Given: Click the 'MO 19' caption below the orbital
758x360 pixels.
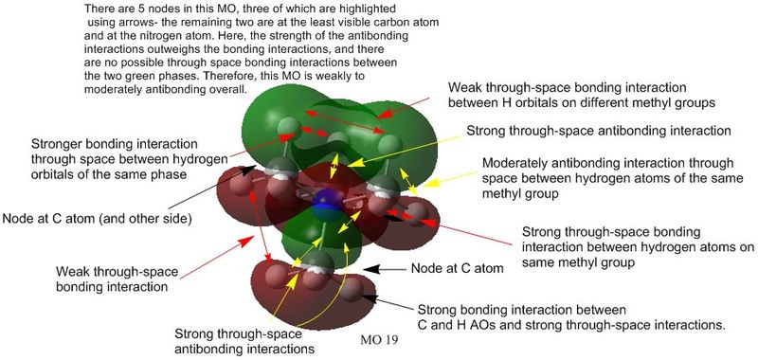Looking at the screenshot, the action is [378, 340].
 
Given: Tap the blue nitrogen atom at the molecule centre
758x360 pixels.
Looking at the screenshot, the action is [323, 203].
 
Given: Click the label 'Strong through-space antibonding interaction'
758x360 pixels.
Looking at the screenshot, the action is [597, 131].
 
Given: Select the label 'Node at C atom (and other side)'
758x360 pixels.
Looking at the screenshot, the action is [99, 219].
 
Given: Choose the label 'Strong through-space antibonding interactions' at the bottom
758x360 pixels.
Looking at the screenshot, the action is [244, 341].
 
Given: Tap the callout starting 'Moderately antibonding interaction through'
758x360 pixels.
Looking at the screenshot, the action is [612, 178].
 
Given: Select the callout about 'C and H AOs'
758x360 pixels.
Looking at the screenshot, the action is [571, 316].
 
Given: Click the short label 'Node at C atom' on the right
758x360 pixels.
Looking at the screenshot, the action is [458, 268].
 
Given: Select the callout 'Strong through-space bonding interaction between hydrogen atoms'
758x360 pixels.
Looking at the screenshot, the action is [637, 247].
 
